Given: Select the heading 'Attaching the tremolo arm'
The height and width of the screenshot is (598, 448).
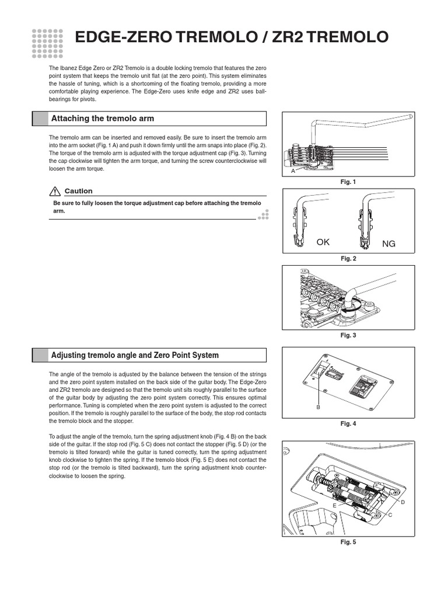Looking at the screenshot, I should tap(103, 119).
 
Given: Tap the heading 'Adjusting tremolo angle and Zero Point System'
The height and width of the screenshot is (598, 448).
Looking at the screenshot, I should tap(135, 355).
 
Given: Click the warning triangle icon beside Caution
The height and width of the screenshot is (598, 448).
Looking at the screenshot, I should tap(55, 191).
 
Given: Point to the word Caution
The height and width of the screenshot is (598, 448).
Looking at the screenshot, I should tap(78, 191).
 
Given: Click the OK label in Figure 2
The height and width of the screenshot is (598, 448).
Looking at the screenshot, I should tap(323, 242).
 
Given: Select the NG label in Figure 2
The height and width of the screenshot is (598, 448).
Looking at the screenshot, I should tap(388, 244).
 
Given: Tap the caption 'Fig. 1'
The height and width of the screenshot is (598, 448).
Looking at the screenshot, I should tap(348, 182).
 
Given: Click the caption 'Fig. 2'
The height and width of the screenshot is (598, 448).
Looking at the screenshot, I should tap(348, 258).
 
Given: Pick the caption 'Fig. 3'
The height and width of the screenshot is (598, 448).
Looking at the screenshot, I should tap(348, 335).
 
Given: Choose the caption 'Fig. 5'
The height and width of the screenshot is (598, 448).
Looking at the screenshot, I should tap(348, 542).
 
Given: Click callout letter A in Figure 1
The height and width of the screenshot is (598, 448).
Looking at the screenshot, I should tap(293, 172).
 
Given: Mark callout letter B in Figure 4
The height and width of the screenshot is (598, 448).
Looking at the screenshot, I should tap(318, 406).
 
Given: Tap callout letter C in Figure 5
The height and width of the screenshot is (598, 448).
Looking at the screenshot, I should tap(390, 514).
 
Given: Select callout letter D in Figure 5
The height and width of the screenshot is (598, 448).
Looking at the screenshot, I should tap(402, 502).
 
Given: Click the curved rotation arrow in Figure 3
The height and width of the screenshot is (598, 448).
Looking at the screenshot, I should tap(348, 297).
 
